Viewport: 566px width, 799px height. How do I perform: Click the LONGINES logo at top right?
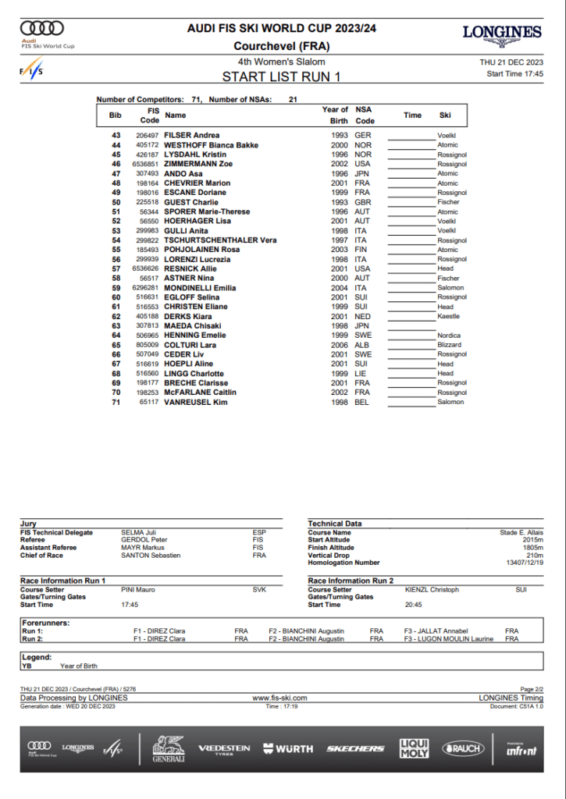(502, 32)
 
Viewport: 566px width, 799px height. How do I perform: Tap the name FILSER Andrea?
(191, 136)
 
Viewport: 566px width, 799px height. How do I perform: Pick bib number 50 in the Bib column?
(116, 202)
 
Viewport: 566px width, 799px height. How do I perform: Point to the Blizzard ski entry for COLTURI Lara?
(449, 345)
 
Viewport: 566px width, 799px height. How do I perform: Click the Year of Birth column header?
(335, 115)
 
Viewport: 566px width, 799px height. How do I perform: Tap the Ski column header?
(445, 115)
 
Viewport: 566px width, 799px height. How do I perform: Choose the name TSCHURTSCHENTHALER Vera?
(220, 240)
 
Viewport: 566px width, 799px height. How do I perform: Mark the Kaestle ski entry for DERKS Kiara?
(448, 316)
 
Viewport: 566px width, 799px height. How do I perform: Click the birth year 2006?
(339, 345)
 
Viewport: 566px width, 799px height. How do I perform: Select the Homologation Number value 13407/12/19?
(525, 563)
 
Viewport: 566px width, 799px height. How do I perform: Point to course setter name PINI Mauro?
(138, 590)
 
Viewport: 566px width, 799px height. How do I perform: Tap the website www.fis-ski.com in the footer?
(279, 698)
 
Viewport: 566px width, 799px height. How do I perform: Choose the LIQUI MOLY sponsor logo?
(414, 748)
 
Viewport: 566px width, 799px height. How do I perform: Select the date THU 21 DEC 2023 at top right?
(511, 62)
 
